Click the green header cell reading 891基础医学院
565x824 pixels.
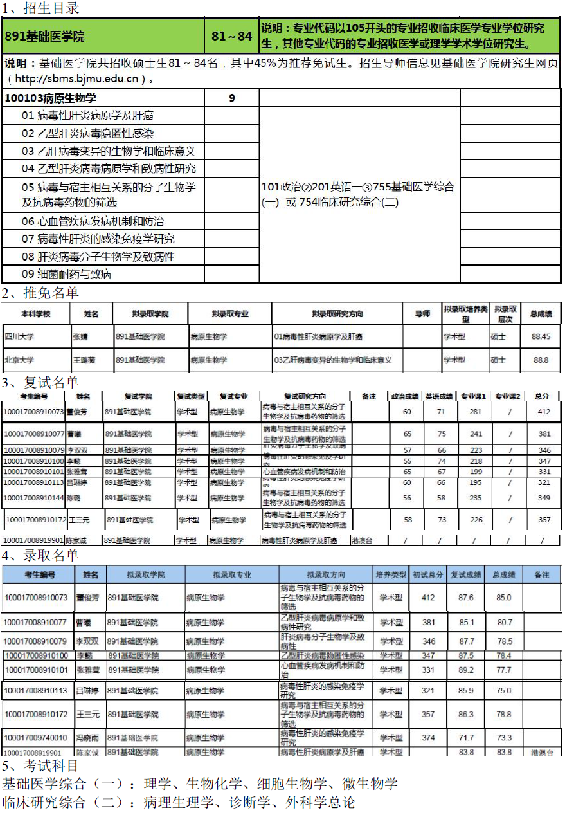[x=45, y=37]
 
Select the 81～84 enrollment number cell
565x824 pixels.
[x=231, y=37]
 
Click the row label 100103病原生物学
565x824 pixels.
[x=51, y=98]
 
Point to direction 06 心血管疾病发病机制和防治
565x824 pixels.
[x=93, y=221]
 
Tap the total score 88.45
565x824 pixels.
[x=541, y=336]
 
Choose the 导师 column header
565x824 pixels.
[x=422, y=314]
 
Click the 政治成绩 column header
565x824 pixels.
[x=406, y=396]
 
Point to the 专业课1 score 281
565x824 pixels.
[x=476, y=412]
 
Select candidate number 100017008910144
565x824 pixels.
[x=34, y=498]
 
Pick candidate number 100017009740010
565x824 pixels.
[x=35, y=738]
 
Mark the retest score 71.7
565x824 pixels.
[x=466, y=738]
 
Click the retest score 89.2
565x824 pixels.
[x=466, y=670]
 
